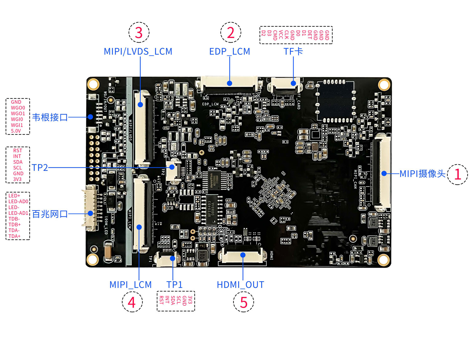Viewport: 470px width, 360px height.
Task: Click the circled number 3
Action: click(x=139, y=33)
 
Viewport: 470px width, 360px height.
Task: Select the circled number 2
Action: click(x=231, y=33)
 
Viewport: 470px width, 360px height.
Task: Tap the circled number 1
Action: click(x=457, y=174)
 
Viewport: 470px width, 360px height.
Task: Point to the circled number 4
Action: click(x=132, y=302)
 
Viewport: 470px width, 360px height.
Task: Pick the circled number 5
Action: click(x=243, y=302)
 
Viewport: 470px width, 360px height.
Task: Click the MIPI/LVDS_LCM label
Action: click(x=138, y=51)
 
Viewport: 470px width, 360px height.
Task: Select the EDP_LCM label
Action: click(x=230, y=51)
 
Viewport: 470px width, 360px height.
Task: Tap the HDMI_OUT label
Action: click(x=240, y=285)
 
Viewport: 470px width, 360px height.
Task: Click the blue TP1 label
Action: click(x=174, y=285)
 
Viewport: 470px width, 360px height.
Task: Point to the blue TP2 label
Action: click(x=40, y=168)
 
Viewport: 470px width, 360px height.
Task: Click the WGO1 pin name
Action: click(x=18, y=114)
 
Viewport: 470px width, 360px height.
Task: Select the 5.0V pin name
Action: click(x=16, y=131)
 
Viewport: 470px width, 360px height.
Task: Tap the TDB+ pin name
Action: click(x=14, y=225)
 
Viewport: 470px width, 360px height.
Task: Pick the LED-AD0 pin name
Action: click(x=18, y=202)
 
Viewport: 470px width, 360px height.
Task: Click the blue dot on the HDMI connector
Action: click(x=243, y=255)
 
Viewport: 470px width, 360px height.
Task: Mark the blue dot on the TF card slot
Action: click(x=293, y=83)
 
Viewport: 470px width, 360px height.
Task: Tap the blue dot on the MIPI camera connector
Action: click(x=384, y=173)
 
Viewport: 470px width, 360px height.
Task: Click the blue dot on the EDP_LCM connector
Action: click(x=230, y=83)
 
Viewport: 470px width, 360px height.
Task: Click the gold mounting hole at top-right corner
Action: click(x=384, y=84)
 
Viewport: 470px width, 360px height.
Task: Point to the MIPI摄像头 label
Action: click(x=422, y=173)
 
